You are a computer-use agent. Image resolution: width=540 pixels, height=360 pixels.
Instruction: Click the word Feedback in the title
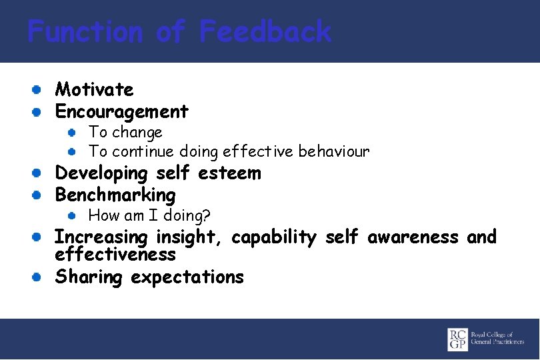point(265,31)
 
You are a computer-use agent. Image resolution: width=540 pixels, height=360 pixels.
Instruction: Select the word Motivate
point(94,89)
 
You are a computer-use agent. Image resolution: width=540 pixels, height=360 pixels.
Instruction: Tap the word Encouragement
point(121,111)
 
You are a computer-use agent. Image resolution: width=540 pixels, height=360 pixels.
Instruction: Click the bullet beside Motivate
point(39,89)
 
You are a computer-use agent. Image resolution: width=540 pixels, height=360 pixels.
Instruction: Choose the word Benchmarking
point(115,195)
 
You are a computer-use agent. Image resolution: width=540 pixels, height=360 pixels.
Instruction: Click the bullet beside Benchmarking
point(39,195)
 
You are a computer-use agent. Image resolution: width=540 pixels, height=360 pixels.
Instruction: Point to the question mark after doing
point(207,215)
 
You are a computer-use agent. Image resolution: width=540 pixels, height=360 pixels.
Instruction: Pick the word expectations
point(187,277)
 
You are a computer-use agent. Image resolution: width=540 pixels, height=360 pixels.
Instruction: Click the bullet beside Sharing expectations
point(39,276)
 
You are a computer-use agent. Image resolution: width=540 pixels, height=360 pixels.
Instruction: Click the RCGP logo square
point(458,339)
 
